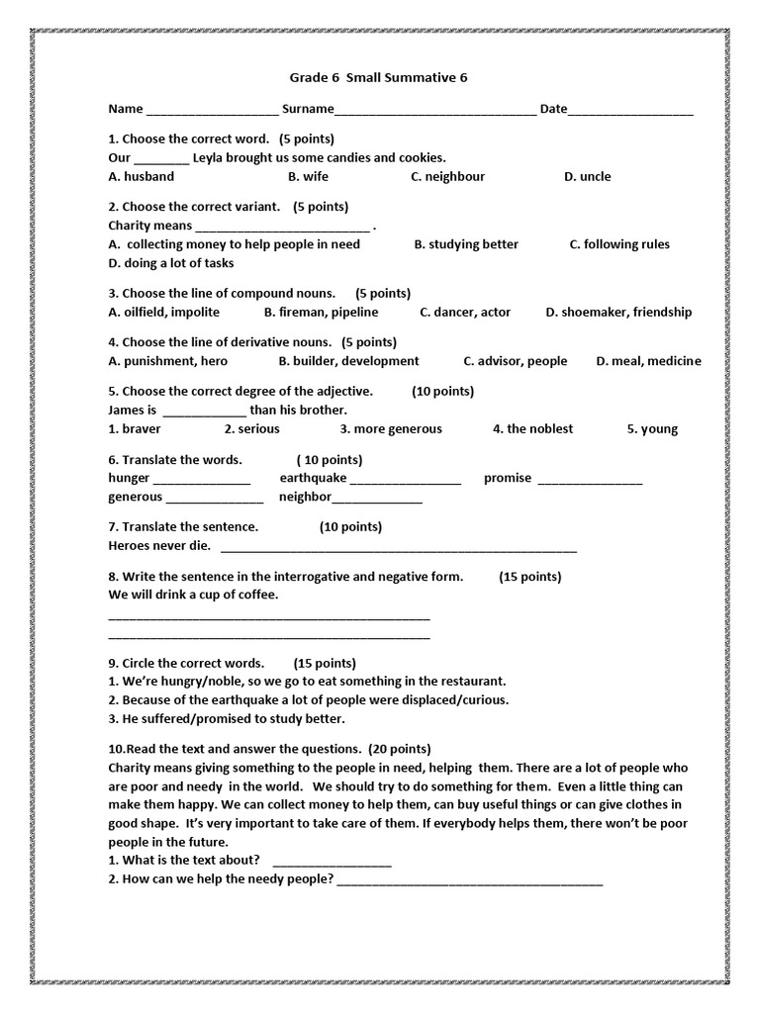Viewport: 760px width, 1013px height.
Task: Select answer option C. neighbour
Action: (447, 176)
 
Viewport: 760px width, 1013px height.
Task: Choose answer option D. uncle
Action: (587, 176)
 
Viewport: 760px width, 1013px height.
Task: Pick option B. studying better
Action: (465, 243)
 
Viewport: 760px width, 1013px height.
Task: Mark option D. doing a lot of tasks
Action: (170, 263)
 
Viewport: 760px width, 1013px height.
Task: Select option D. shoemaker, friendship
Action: (618, 312)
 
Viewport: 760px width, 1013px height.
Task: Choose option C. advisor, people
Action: (515, 361)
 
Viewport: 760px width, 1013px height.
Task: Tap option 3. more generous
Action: (391, 428)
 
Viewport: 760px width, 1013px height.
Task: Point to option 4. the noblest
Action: (532, 428)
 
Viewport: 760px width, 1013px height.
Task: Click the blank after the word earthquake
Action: (406, 480)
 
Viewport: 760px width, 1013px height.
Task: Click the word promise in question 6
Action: (508, 478)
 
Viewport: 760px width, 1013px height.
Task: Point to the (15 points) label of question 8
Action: (529, 576)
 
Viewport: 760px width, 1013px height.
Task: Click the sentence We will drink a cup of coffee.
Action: (193, 595)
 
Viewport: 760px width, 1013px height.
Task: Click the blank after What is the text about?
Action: (332, 862)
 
